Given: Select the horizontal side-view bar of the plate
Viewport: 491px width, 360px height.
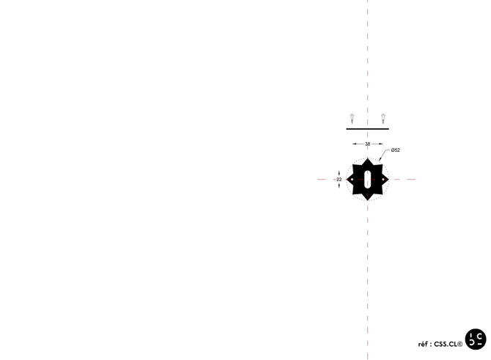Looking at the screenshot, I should point(368,129).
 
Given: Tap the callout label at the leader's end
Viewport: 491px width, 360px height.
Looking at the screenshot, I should point(396,150).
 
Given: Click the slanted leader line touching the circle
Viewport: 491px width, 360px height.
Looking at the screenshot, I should point(385,155).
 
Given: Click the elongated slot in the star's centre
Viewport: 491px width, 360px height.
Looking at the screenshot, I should point(368,179).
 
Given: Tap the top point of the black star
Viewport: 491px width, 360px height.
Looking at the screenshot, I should point(368,158).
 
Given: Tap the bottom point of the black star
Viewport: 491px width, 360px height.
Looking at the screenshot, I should point(368,200).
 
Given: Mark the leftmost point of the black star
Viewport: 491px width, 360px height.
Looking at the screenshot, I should point(347,179).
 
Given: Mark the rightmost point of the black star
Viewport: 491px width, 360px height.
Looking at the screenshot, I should point(389,179).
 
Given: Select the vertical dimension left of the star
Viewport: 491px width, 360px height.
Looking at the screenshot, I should point(339,179).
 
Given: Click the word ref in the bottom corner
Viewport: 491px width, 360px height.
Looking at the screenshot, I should point(423,343).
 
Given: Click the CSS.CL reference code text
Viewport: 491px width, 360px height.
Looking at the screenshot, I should point(446,343).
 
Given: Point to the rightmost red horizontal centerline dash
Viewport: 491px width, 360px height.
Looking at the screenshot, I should point(411,179).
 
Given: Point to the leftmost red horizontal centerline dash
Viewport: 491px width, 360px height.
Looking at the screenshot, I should point(321,179).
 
